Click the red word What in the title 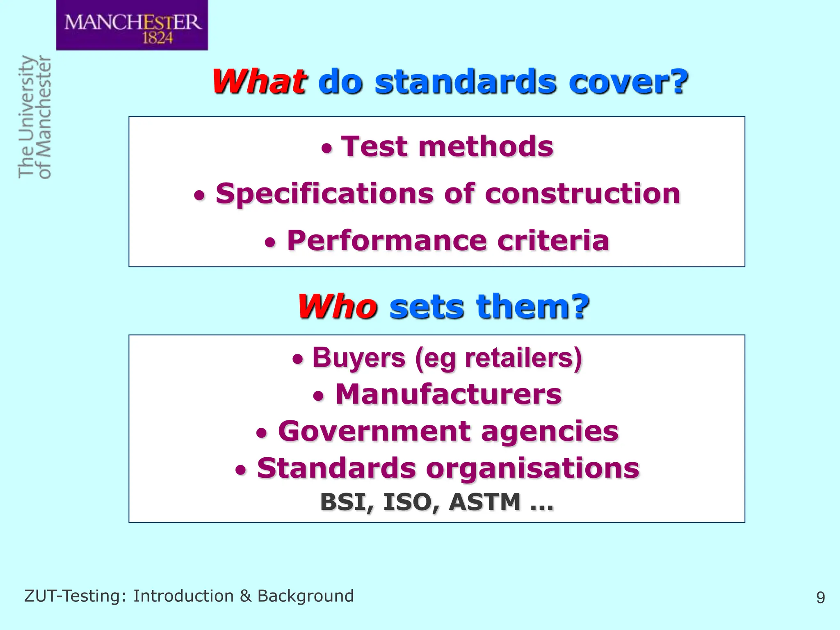coord(259,82)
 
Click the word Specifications coord(324,194)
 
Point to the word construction coord(582,194)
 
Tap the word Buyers coord(359,358)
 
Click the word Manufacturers coord(448,394)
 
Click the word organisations coord(533,468)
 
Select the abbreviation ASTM coord(485,502)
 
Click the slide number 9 coord(820,598)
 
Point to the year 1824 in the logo coord(157,38)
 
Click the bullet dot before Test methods coord(326,149)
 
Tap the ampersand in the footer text coord(245,596)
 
